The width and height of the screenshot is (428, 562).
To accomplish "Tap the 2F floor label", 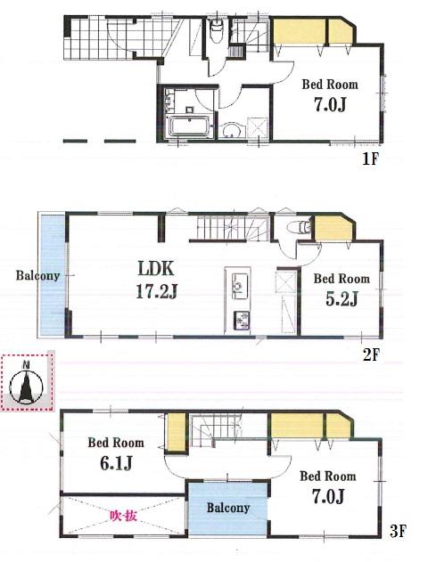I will [371, 354].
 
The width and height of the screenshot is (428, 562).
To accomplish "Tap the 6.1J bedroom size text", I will [115, 463].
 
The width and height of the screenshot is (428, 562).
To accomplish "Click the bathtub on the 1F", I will [187, 125].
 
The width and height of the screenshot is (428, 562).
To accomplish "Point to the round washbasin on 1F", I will [230, 130].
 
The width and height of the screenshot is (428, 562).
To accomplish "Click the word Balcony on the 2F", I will [37, 275].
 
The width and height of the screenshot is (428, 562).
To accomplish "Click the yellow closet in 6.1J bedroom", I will [176, 434].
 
